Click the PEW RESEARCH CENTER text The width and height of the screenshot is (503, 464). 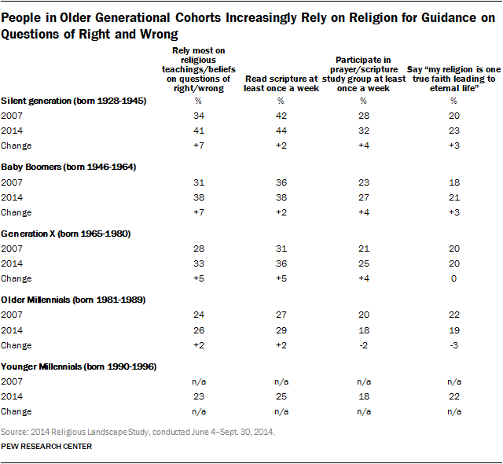(x=46, y=447)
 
